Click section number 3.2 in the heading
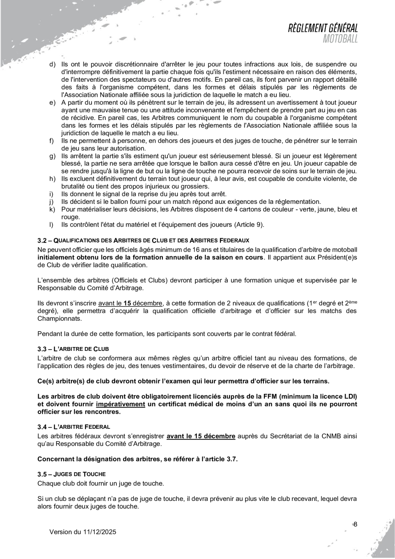(x=42, y=240)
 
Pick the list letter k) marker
(x=52, y=209)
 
